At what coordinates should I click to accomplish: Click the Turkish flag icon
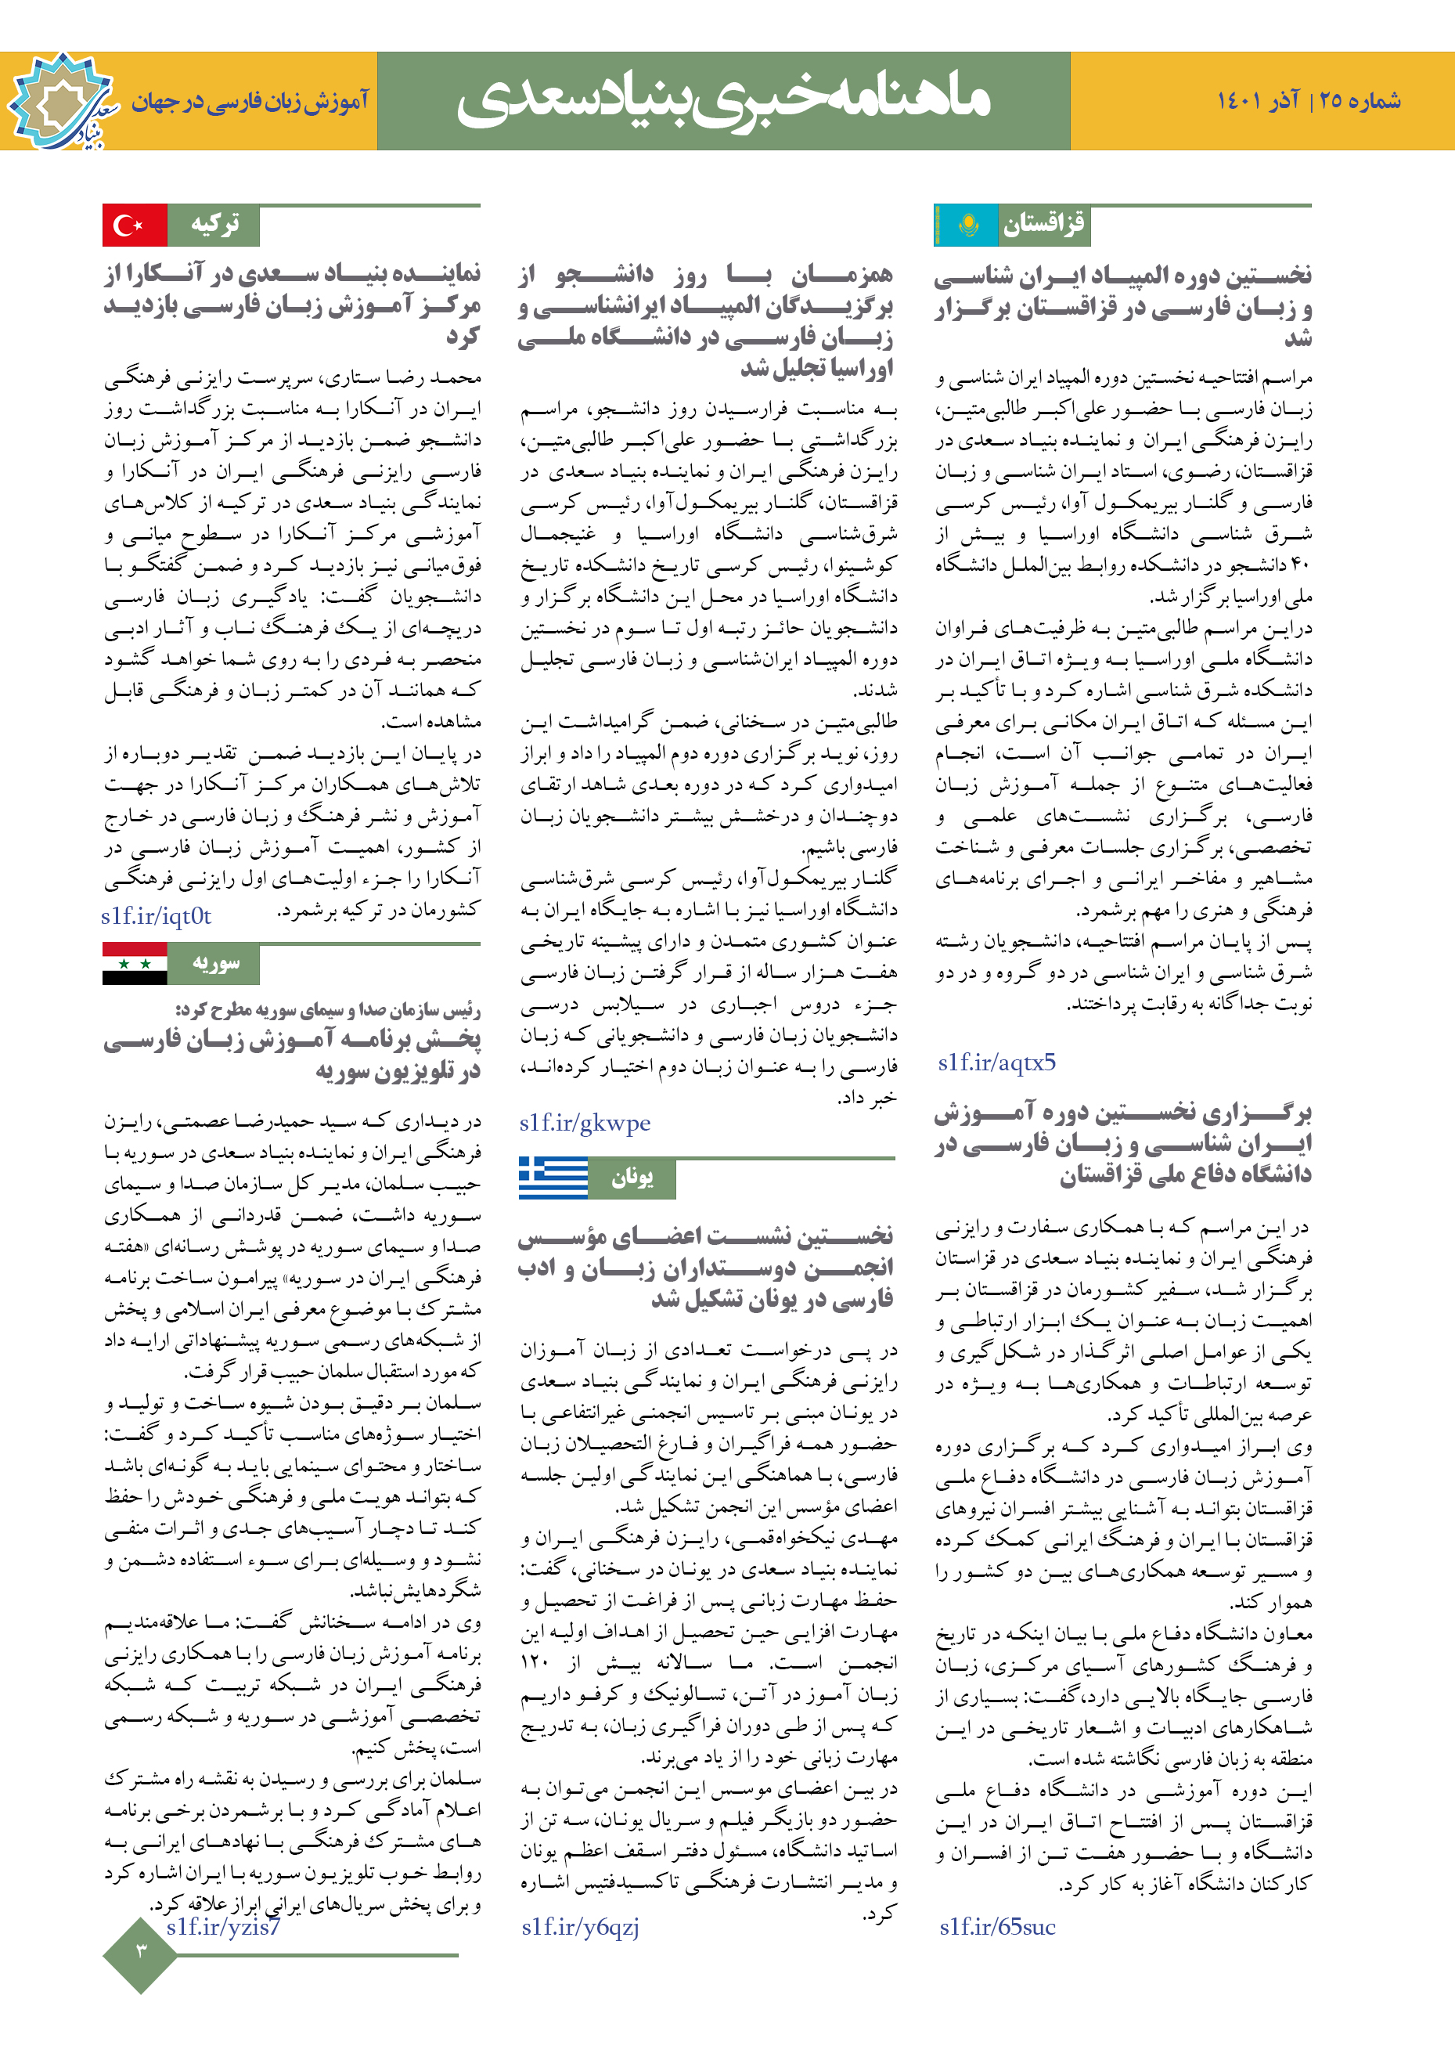(135, 225)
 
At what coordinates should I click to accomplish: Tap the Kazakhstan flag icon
(967, 225)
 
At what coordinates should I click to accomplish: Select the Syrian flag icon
(135, 964)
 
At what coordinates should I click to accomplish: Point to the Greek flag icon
(553, 1178)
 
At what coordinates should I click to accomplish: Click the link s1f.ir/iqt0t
(156, 916)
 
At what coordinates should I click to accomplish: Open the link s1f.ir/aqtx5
(996, 1062)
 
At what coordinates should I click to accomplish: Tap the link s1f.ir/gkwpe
(585, 1123)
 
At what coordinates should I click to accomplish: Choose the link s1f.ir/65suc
(997, 1926)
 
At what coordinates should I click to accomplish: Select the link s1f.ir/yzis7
(223, 1925)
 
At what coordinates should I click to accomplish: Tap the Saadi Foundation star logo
(61, 101)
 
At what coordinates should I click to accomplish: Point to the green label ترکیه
(214, 225)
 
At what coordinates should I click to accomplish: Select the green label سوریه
(215, 964)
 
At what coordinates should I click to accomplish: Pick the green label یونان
(632, 1178)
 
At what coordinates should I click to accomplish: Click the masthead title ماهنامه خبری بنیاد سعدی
(723, 100)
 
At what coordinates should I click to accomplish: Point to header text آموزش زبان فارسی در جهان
(250, 101)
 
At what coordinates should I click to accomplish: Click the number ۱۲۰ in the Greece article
(535, 1662)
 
